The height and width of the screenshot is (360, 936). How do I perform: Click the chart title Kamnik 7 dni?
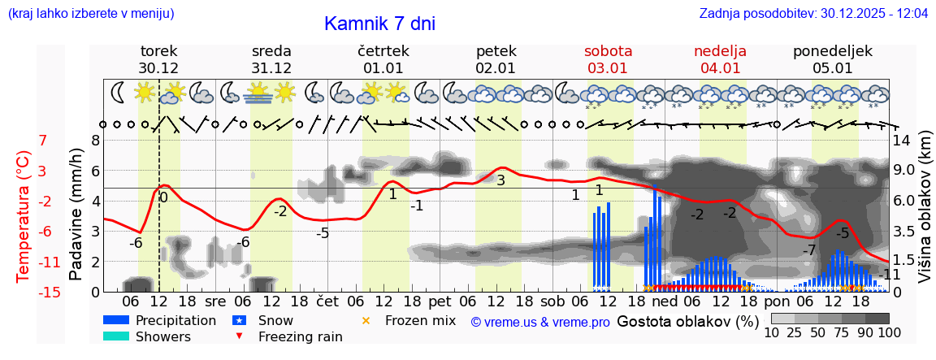tap(379, 24)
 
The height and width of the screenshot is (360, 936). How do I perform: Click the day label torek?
tap(158, 51)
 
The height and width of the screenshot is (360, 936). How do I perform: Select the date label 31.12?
tap(271, 68)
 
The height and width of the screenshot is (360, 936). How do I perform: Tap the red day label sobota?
tap(608, 51)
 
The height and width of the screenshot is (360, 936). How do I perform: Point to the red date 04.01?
tap(721, 68)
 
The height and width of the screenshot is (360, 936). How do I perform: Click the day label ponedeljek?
tap(833, 51)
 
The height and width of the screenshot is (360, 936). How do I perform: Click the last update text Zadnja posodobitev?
tap(813, 14)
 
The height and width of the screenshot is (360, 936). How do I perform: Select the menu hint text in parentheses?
tap(91, 14)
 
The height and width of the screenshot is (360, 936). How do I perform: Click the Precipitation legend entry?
tap(175, 320)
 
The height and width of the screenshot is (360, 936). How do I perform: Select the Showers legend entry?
tap(163, 336)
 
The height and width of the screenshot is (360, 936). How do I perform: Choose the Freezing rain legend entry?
tap(300, 336)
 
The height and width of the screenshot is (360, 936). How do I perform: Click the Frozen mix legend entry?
tap(420, 320)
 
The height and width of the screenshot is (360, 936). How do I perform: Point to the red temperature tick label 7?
tap(42, 140)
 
